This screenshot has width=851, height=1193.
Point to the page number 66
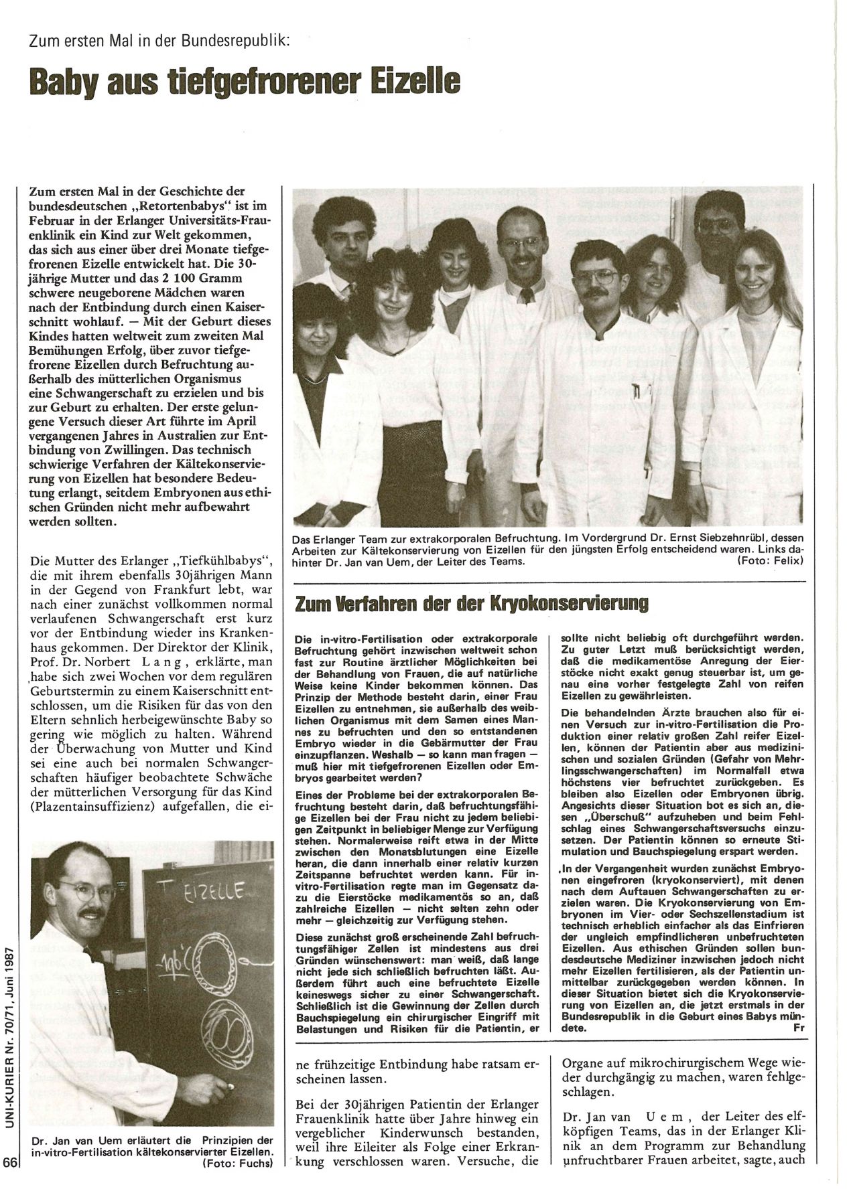(x=9, y=1181)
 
